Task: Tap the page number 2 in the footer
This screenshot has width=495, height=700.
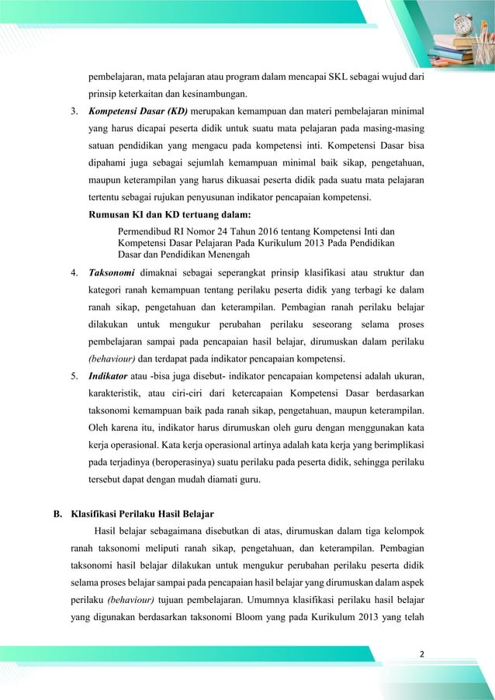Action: (x=421, y=653)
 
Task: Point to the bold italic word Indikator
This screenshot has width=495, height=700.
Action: (x=109, y=376)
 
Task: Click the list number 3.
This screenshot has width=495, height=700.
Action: (x=74, y=114)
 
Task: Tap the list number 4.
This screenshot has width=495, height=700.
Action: (x=74, y=273)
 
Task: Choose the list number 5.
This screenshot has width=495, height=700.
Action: (x=74, y=376)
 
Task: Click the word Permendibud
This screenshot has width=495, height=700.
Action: (x=147, y=231)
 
